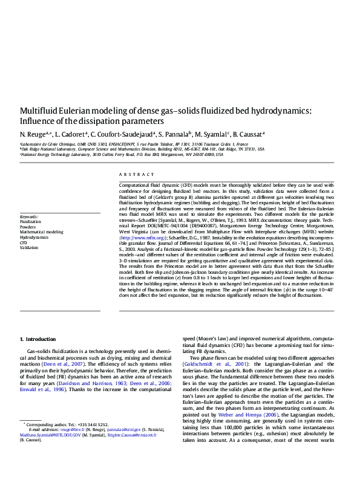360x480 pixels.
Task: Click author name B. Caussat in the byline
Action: coord(248,134)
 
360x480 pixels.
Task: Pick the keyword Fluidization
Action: coord(31,222)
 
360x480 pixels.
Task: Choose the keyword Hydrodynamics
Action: coord(34,237)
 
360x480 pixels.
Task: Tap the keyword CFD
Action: coord(24,242)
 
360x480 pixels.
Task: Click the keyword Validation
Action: coord(28,247)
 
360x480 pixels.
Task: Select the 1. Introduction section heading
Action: coord(38,339)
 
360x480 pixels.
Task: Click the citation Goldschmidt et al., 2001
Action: coord(210,365)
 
